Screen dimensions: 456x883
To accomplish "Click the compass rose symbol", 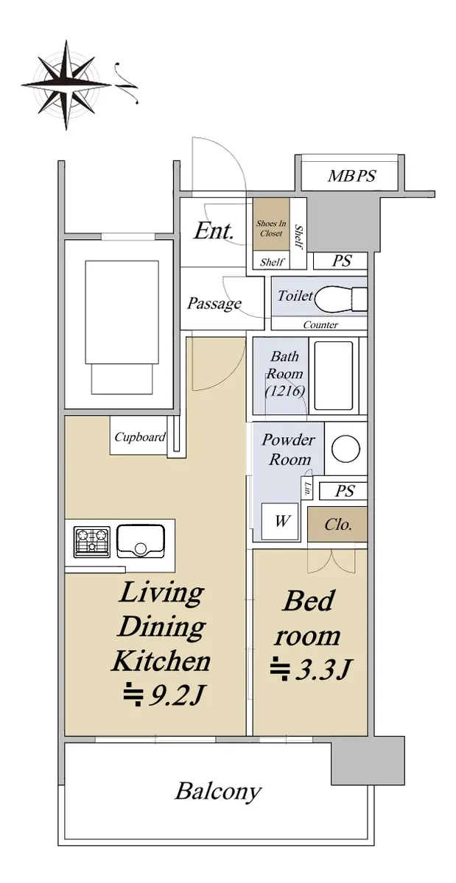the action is pyautogui.click(x=66, y=85).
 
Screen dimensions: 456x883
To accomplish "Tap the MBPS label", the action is pyautogui.click(x=351, y=175).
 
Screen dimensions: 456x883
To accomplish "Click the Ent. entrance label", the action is pyautogui.click(x=214, y=230).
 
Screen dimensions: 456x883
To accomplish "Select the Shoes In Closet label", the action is pyautogui.click(x=270, y=228).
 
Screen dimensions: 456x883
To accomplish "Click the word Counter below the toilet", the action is pyautogui.click(x=320, y=325).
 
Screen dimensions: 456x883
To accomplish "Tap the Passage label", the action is pyautogui.click(x=214, y=303).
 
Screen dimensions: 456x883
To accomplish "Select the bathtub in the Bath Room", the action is pyautogui.click(x=333, y=375).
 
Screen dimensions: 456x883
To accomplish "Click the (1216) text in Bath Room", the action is pyautogui.click(x=284, y=391).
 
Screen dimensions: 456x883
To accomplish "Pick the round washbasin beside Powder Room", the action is pyautogui.click(x=345, y=449).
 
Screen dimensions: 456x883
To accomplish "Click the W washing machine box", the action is pyautogui.click(x=279, y=522).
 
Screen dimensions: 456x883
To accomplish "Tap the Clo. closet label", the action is pyautogui.click(x=337, y=524).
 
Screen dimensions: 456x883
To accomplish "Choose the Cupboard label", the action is pyautogui.click(x=140, y=437).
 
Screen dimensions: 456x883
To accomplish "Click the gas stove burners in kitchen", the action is pyautogui.click(x=91, y=542).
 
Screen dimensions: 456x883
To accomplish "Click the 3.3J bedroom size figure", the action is pyautogui.click(x=310, y=669).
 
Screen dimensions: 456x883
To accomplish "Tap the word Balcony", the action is pyautogui.click(x=218, y=791).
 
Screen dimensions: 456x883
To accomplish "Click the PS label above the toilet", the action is pyautogui.click(x=341, y=260).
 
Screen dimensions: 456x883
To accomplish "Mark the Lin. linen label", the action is pyautogui.click(x=307, y=489).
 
